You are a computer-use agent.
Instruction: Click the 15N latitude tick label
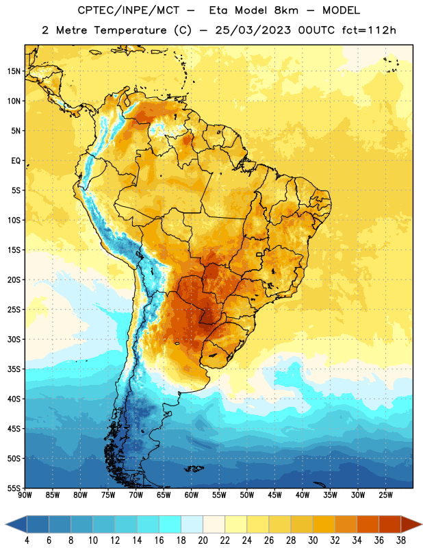[14, 71]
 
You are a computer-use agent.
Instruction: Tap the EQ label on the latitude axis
[16, 161]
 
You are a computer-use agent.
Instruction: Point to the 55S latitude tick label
[14, 488]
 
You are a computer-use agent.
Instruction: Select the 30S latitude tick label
[14, 339]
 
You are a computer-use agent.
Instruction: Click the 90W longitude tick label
[25, 495]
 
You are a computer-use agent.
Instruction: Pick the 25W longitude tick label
[385, 495]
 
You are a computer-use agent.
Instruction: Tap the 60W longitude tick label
[192, 495]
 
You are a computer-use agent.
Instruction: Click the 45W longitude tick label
[274, 495]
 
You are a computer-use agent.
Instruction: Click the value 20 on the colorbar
[203, 540]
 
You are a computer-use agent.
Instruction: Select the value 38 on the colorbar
[401, 540]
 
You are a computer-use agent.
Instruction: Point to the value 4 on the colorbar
[27, 540]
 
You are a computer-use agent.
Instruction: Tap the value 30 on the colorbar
[313, 540]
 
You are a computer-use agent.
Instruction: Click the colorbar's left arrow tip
[5, 524]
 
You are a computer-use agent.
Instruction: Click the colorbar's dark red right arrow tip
[422, 524]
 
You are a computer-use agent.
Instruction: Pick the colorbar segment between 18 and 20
[192, 524]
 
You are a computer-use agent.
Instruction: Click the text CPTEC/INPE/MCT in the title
[128, 10]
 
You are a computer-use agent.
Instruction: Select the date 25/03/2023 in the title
[253, 30]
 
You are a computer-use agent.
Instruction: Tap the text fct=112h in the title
[369, 30]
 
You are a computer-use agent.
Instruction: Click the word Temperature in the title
[130, 30]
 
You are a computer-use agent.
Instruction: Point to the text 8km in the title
[286, 10]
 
